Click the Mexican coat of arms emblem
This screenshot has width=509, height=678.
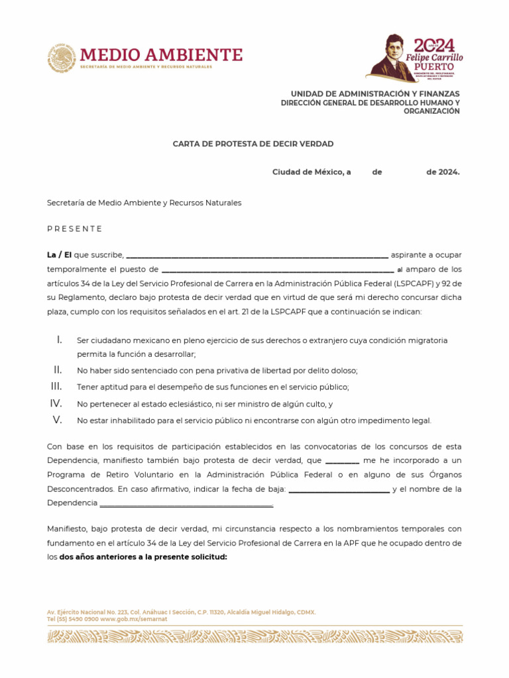(x=61, y=58)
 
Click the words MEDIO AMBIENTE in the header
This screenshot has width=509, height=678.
(x=161, y=54)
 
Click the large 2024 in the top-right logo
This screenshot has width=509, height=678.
(x=434, y=45)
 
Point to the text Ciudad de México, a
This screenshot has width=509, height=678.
(x=311, y=172)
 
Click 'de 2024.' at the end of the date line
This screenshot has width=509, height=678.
(x=442, y=172)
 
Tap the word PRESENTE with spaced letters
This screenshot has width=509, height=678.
(x=74, y=228)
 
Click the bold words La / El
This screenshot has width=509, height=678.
(x=59, y=255)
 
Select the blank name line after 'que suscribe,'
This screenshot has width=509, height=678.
(x=256, y=256)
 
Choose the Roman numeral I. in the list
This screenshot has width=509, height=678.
(x=59, y=340)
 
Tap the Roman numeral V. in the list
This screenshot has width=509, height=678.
(x=58, y=420)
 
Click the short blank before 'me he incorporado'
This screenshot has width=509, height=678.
(x=343, y=461)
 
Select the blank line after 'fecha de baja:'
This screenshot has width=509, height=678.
(x=339, y=491)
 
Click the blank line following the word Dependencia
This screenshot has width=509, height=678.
(x=186, y=505)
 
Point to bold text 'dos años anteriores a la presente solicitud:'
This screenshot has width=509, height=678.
(x=143, y=557)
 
